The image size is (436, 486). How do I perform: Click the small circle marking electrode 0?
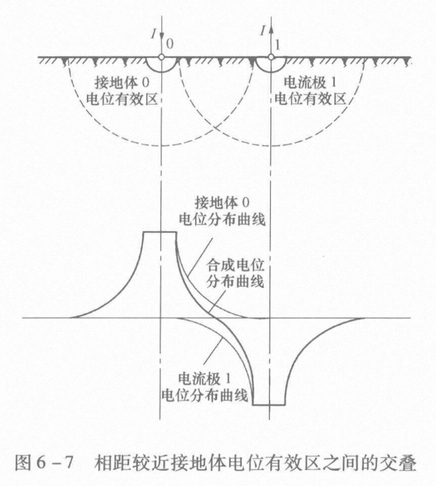point(161,57)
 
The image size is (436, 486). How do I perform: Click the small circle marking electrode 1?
point(271,57)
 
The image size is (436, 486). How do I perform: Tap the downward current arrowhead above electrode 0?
point(161,36)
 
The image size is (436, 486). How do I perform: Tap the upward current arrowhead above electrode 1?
point(271,29)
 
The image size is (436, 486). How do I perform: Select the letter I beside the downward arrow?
point(153,33)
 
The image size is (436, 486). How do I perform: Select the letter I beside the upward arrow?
point(263,31)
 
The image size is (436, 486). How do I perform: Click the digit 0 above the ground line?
point(170,44)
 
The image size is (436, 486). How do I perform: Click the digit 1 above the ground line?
point(277,45)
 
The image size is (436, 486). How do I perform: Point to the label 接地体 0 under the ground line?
point(122,83)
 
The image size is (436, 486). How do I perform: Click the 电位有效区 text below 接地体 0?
point(121,100)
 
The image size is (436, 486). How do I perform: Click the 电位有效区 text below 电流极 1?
point(310,99)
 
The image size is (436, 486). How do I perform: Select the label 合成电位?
point(235,265)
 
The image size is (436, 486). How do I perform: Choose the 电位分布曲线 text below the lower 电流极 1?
point(205,395)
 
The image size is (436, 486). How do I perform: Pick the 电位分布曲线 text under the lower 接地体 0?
point(222,219)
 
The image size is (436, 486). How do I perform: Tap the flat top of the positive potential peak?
point(160,232)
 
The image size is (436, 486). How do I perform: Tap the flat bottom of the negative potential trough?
point(269,405)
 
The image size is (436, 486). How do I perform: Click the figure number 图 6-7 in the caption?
point(44,463)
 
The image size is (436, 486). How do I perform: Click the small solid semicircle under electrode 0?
point(161,65)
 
